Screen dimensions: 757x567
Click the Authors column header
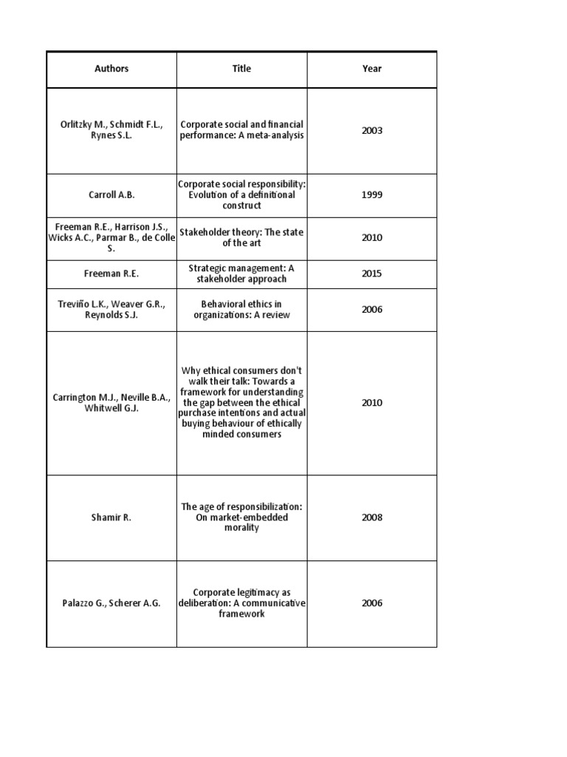[111, 69]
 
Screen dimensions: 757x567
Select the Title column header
[241, 69]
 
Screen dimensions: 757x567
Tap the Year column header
[372, 69]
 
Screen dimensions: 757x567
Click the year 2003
[372, 131]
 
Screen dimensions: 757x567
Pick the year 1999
[372, 195]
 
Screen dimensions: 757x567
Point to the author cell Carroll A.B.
[111, 195]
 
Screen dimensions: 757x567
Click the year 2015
[372, 274]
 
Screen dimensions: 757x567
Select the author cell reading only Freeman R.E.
[111, 274]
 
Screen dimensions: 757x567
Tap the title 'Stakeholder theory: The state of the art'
[241, 238]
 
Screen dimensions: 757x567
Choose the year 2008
[372, 517]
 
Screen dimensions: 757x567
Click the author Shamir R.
[111, 517]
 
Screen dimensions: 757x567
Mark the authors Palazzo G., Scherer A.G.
[111, 603]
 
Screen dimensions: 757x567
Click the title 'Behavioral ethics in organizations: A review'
[241, 310]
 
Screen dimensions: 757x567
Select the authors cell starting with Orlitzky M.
[111, 131]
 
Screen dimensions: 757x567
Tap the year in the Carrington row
[372, 403]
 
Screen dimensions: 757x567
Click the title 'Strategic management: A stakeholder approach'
[241, 274]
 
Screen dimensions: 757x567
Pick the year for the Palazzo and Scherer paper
[372, 603]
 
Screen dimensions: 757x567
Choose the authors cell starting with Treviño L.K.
[111, 310]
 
